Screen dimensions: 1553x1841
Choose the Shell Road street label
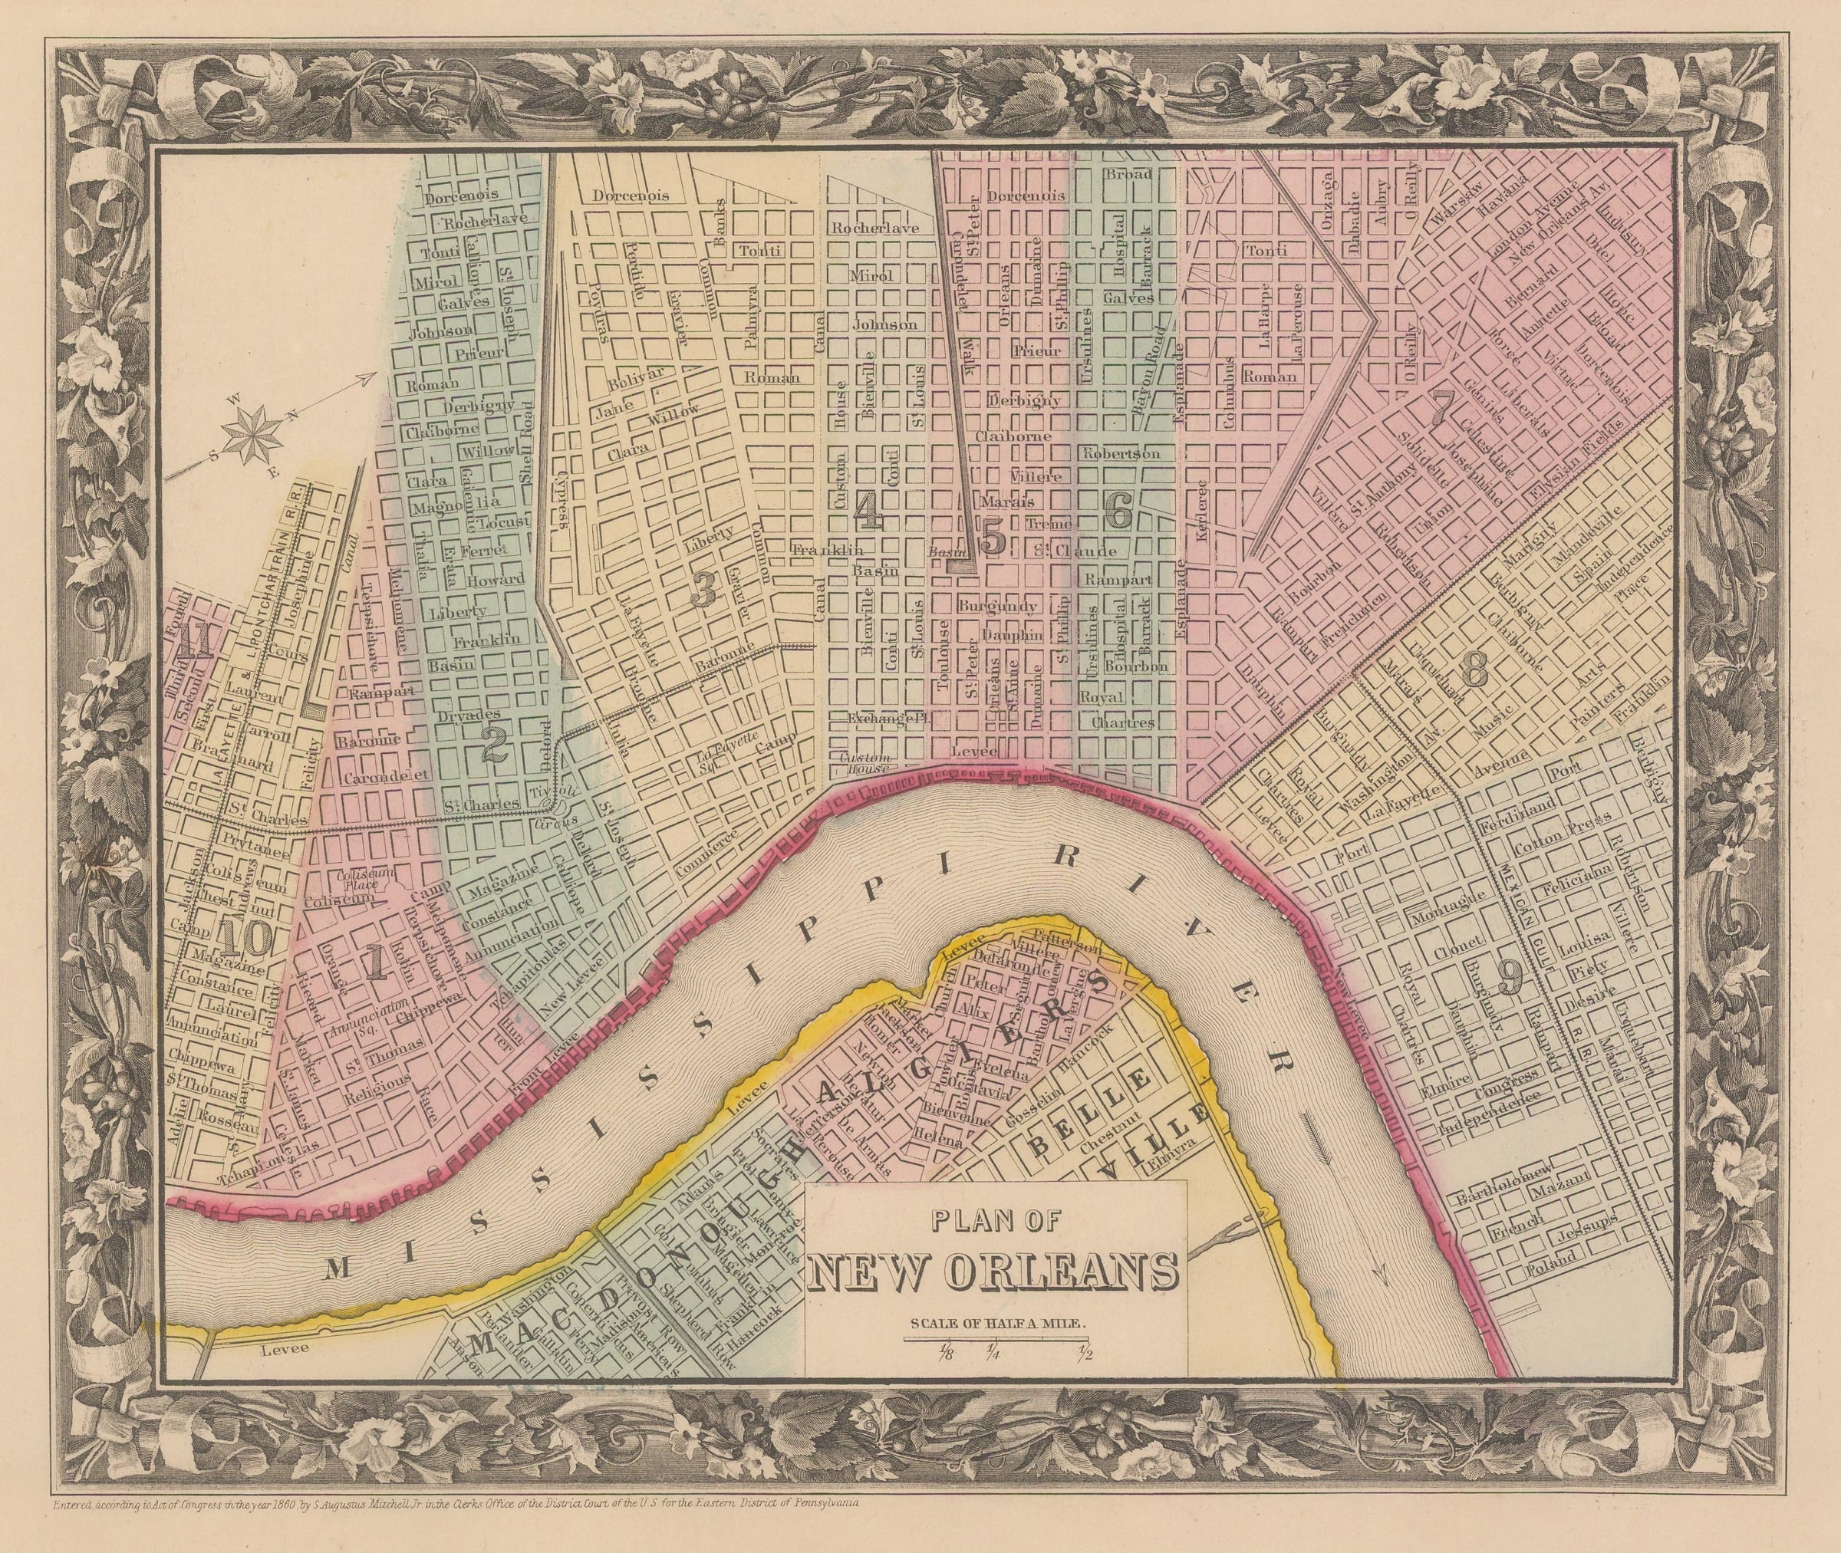click(528, 444)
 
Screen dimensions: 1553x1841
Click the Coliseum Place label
click(362, 878)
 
